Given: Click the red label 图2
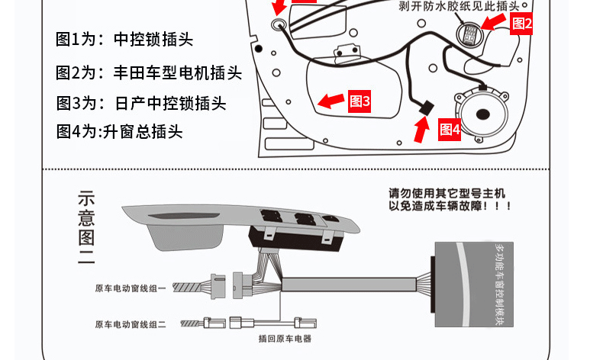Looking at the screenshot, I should [522, 24].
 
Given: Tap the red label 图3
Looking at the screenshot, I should [359, 101].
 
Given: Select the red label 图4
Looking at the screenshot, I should [450, 130].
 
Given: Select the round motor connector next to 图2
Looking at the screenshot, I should [469, 35].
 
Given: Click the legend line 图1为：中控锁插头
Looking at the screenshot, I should [120, 40].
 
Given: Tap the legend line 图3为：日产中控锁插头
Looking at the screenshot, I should [141, 103].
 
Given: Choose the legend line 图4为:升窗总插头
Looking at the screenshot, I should [120, 131].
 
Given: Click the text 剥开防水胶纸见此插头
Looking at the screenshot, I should [459, 7].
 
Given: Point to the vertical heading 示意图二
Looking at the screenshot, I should [85, 227].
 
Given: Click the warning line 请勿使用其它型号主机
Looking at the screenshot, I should [447, 194].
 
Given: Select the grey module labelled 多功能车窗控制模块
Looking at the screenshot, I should [474, 284].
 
